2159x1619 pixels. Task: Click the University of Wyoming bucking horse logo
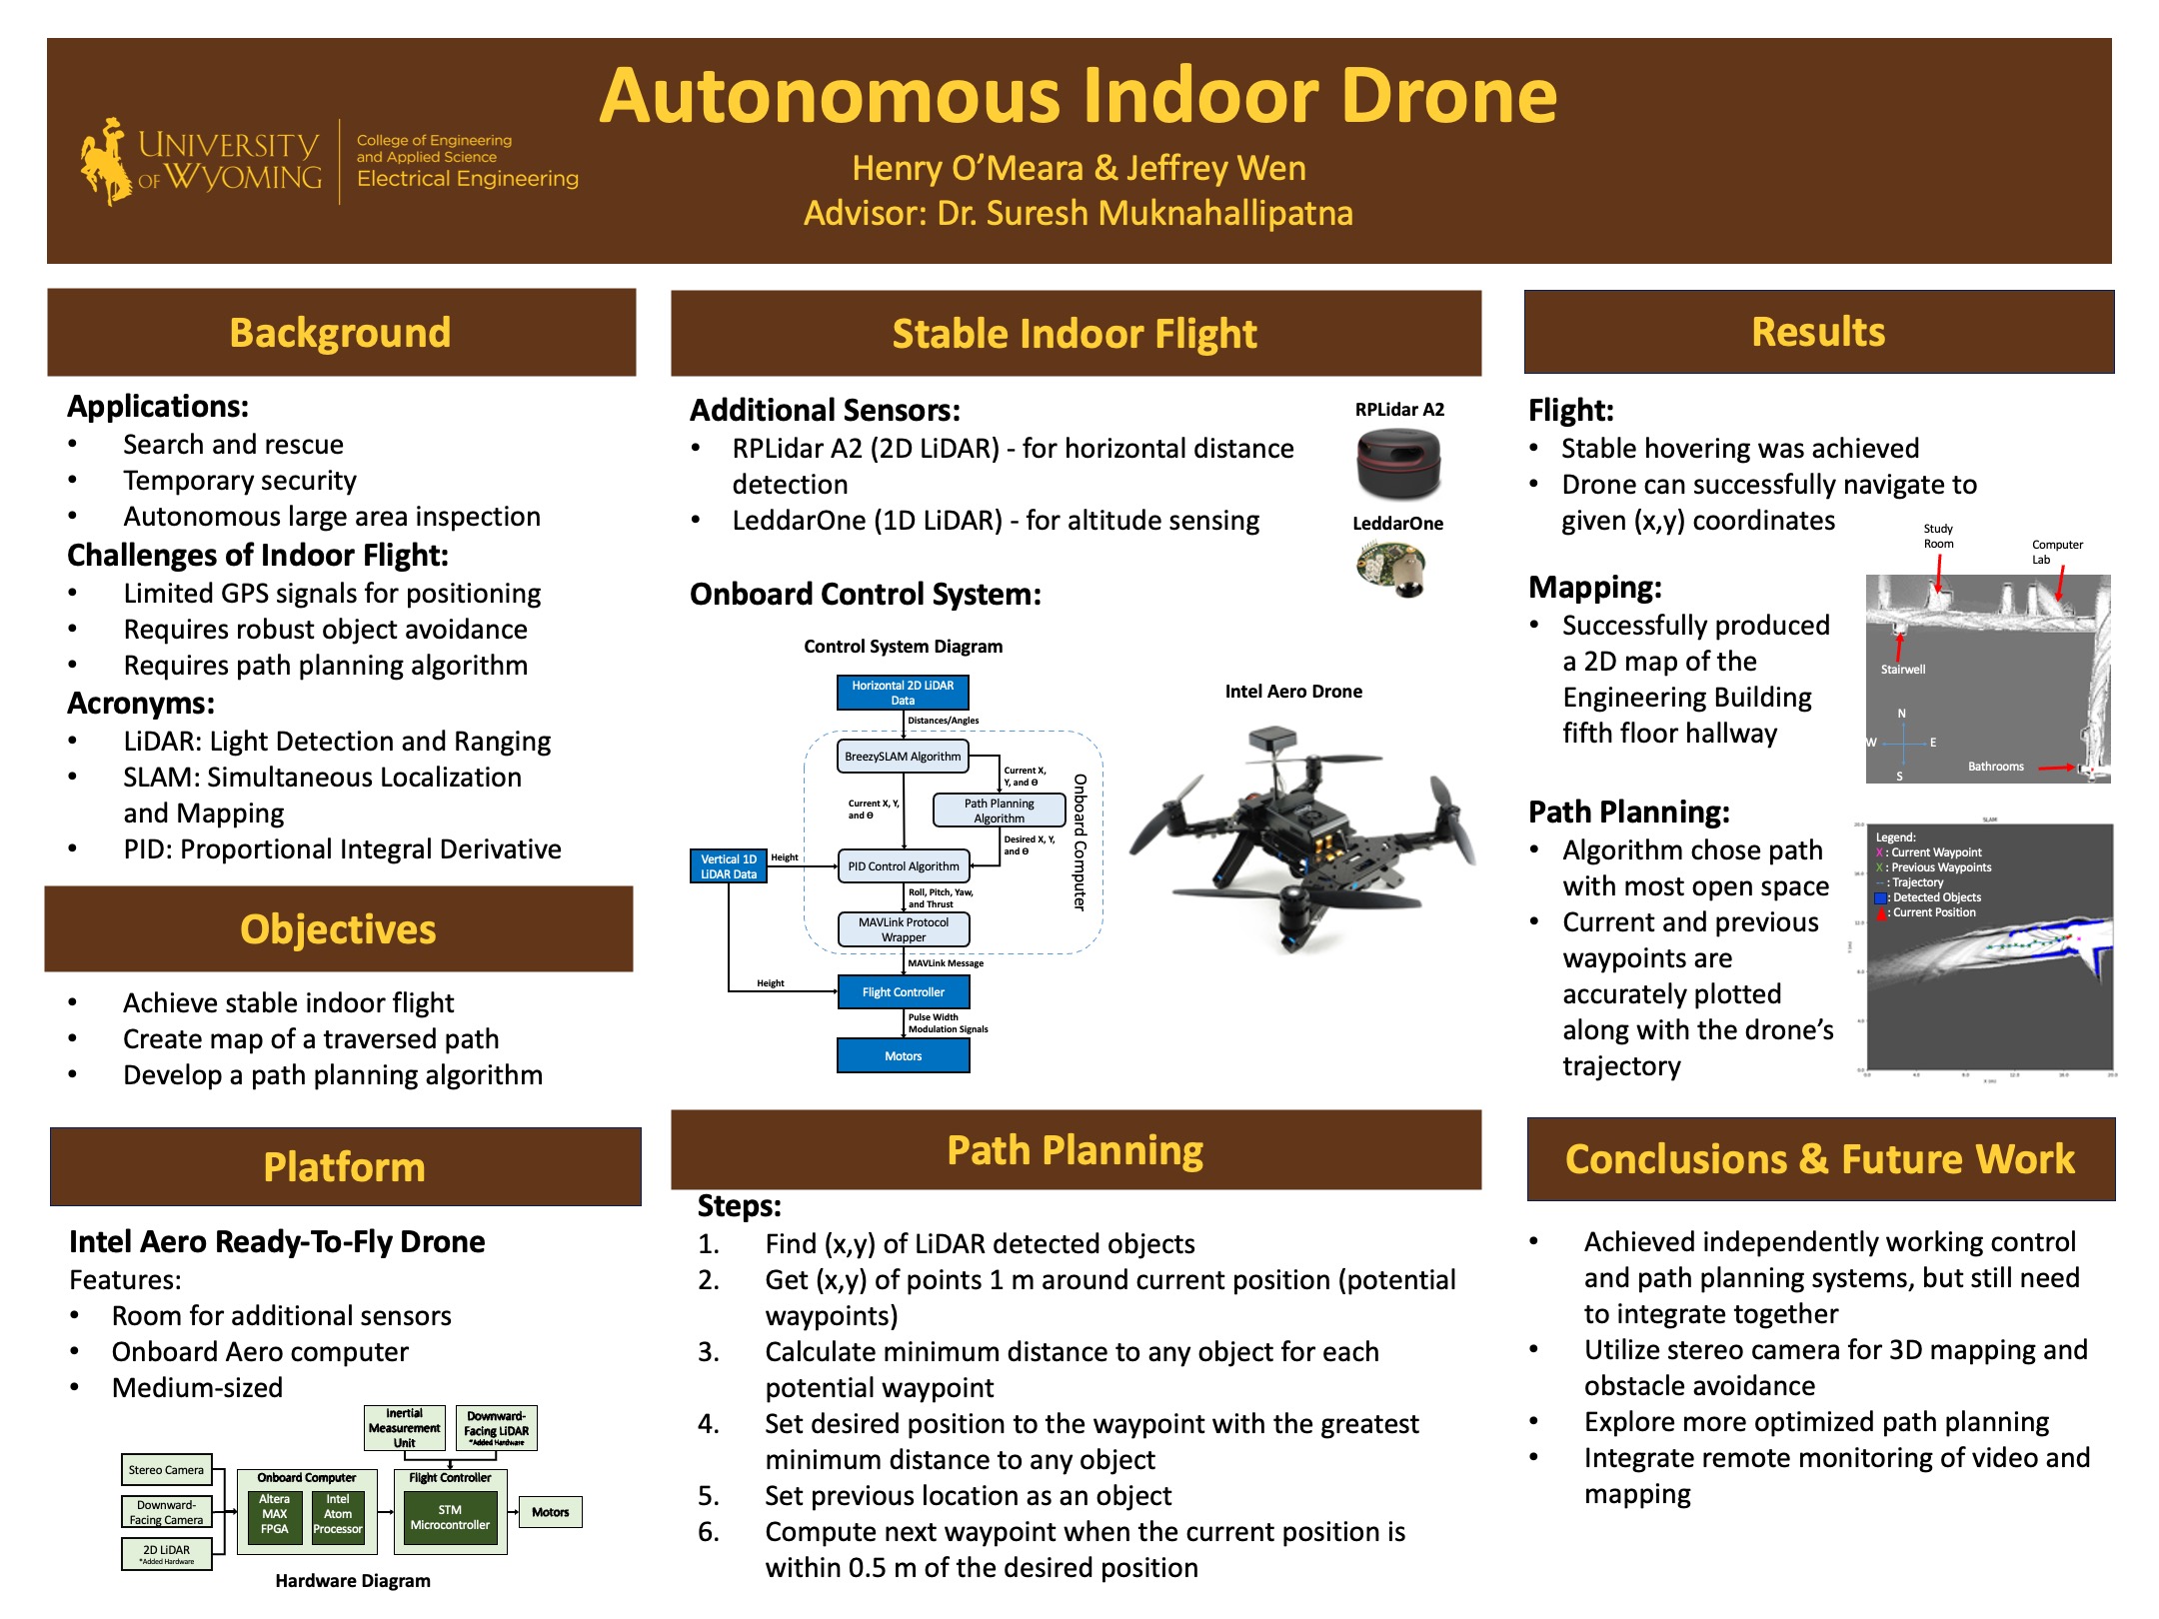[x=106, y=161]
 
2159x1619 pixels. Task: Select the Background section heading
[x=340, y=333]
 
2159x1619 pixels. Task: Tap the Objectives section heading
[x=338, y=929]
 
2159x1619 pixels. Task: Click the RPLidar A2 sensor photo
[x=1398, y=463]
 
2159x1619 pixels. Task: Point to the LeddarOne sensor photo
[x=1392, y=568]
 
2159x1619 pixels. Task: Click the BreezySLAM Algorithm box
[x=903, y=757]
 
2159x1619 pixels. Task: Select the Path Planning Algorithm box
[x=999, y=810]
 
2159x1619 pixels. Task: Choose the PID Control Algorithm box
[x=903, y=866]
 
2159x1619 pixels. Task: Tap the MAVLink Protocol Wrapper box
[x=903, y=929]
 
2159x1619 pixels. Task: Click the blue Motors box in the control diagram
[x=903, y=1056]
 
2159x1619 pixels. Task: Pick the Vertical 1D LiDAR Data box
[x=729, y=866]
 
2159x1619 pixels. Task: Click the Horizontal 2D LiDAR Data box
[x=903, y=693]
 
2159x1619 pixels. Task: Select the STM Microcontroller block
[x=450, y=1517]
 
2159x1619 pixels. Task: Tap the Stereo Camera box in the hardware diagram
[x=166, y=1470]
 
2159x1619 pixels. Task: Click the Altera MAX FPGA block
[x=275, y=1514]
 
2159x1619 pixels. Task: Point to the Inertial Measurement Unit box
[x=404, y=1428]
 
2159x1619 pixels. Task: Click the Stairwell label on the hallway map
[x=1902, y=670]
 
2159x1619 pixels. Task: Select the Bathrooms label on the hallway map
[x=1995, y=767]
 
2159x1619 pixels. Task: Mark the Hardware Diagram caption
[x=353, y=1581]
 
